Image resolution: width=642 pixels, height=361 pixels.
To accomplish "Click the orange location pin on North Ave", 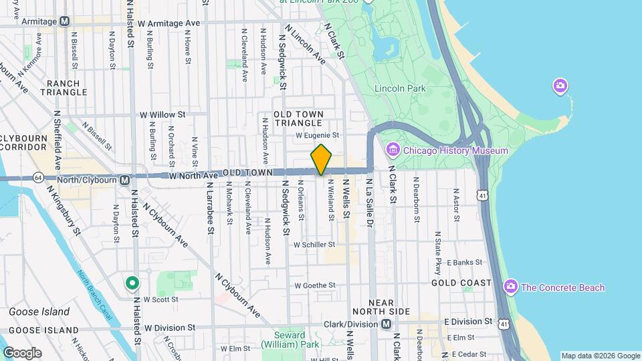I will coord(322,160).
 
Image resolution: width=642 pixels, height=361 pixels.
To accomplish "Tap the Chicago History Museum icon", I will coord(393,150).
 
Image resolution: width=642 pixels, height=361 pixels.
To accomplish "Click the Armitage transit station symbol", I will coord(64,21).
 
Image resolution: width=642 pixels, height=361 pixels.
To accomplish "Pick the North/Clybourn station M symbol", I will coord(124,180).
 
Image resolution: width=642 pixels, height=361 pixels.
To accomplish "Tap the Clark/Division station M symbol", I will coord(386,324).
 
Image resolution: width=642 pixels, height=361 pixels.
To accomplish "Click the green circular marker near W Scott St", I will coord(132,283).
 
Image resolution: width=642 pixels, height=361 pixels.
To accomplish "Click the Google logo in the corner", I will coord(22,352).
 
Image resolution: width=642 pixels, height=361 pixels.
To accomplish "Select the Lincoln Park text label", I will coord(400,88).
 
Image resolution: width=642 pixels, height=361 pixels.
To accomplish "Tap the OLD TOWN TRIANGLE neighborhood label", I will coord(298,119).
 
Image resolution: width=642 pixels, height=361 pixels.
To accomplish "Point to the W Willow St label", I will coord(162,115).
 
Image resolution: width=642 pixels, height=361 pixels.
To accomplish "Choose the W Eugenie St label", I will coord(318,134).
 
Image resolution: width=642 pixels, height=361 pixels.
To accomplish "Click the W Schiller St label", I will coord(314,245).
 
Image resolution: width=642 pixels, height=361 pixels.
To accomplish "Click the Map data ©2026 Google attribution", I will coord(601,356).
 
